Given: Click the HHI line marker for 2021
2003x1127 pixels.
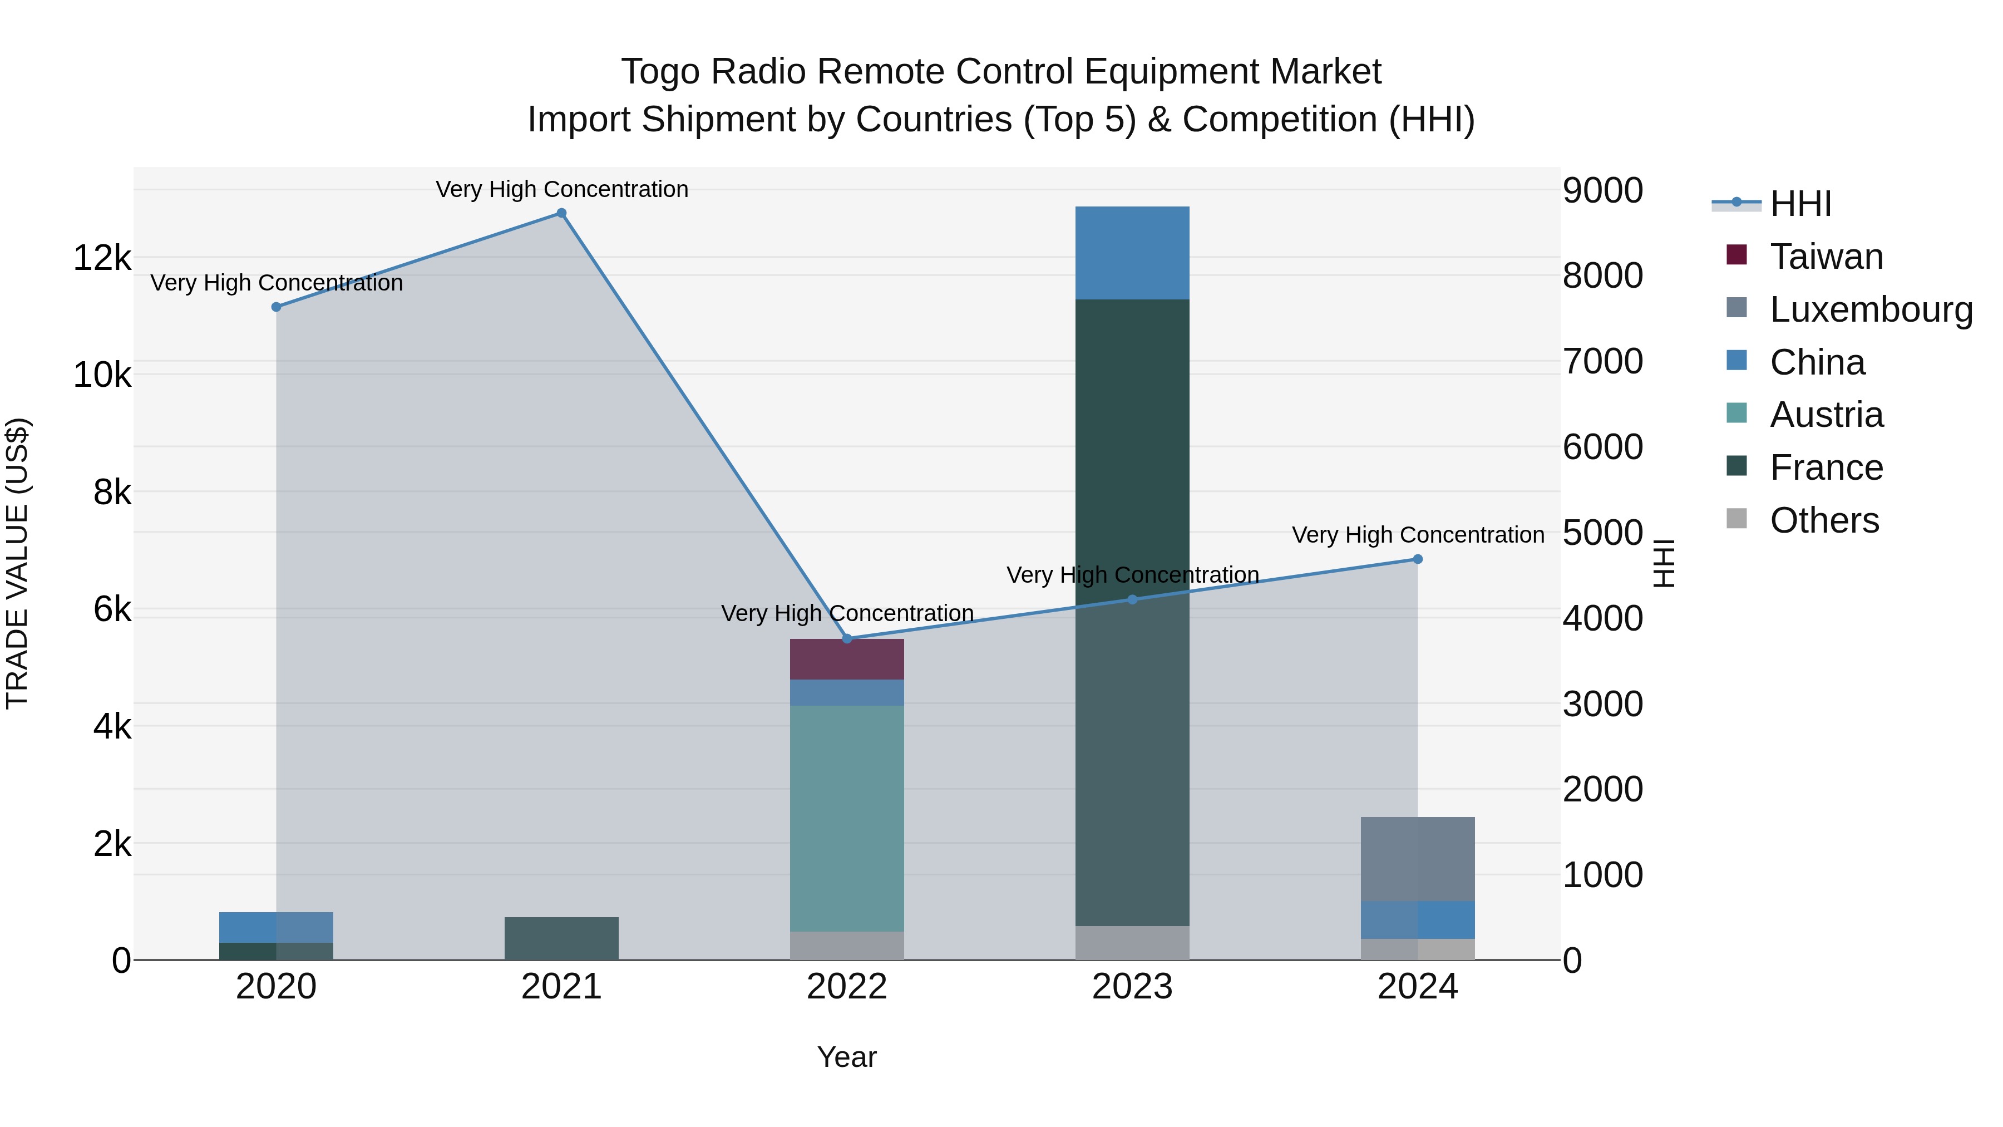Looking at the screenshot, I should click(x=561, y=213).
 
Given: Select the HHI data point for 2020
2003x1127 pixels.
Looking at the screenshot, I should click(x=276, y=307).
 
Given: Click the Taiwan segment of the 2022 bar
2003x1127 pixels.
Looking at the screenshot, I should click(x=847, y=660).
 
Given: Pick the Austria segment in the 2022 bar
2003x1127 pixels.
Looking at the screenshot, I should click(x=847, y=816).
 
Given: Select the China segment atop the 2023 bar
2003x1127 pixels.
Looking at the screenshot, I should click(x=1132, y=253).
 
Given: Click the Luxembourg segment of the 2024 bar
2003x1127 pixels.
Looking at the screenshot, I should click(x=1418, y=859).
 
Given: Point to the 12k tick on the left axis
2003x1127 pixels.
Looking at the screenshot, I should click(x=102, y=258).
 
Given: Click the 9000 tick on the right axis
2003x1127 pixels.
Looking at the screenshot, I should click(x=1602, y=190).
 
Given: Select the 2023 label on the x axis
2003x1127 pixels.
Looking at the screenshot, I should click(x=1132, y=987).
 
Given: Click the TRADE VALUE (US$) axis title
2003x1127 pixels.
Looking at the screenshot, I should click(x=17, y=563).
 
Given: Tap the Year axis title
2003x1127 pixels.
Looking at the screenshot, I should click(x=847, y=1057).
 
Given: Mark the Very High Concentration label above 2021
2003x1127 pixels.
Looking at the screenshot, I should click(x=561, y=189).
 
